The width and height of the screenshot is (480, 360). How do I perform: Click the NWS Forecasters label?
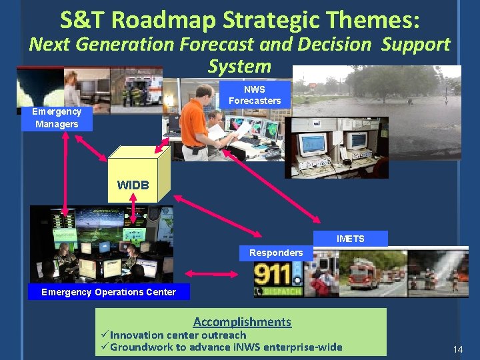click(x=255, y=95)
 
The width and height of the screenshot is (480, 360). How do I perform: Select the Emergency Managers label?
click(x=57, y=118)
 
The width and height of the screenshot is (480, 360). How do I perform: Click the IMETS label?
click(x=350, y=239)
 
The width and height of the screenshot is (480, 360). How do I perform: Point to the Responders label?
click(x=275, y=253)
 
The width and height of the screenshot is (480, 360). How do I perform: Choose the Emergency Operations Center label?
click(x=109, y=292)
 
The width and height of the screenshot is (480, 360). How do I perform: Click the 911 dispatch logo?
click(x=279, y=277)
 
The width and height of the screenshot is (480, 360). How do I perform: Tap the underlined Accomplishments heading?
click(x=242, y=322)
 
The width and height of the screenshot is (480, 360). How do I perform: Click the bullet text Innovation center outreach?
click(x=178, y=335)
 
